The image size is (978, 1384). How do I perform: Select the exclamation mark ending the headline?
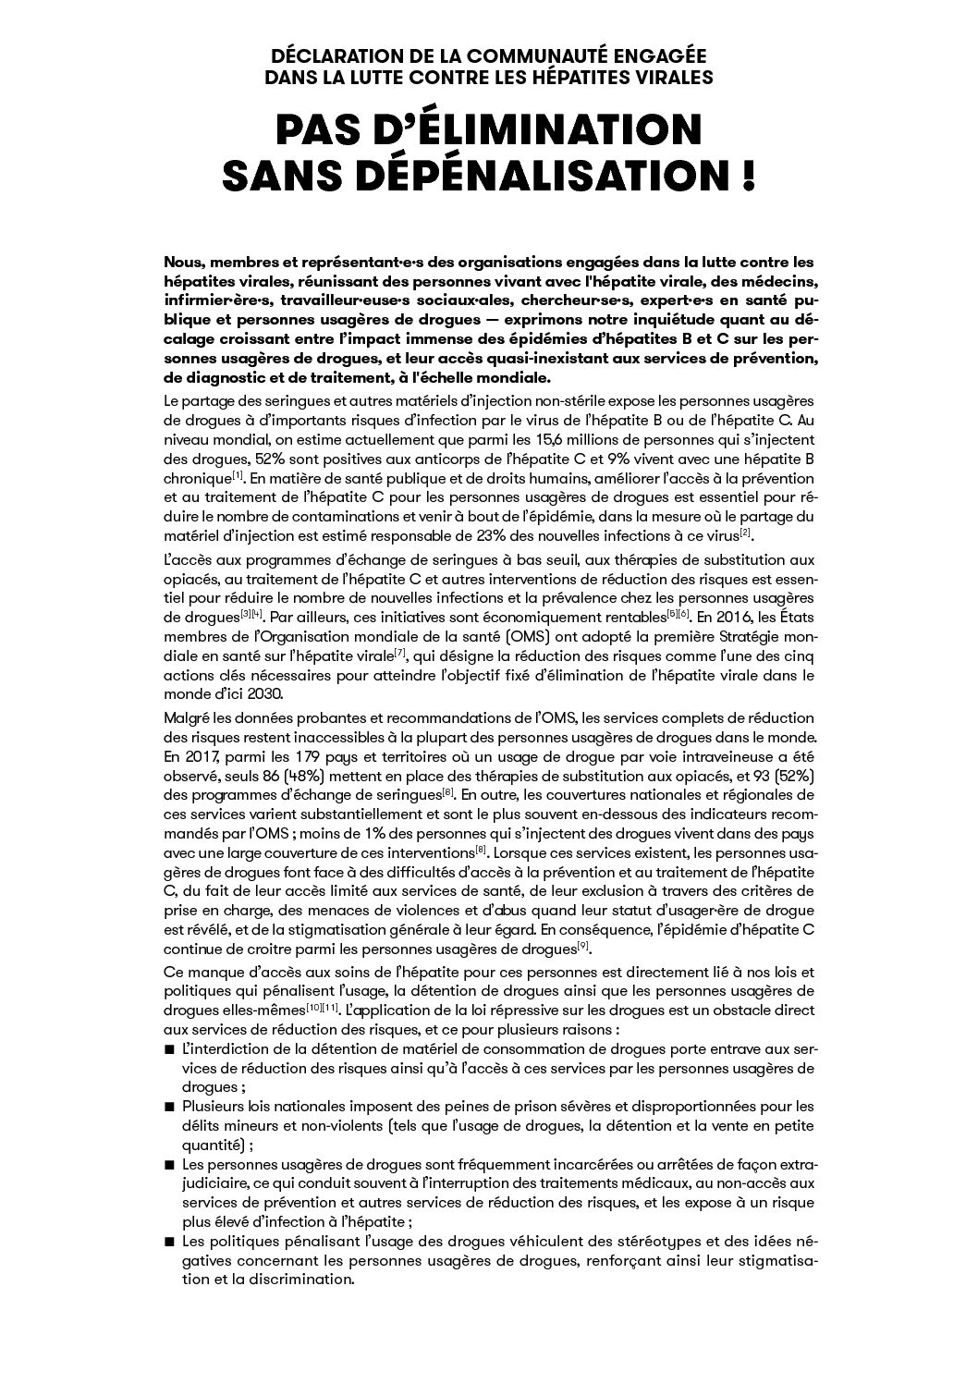[747, 175]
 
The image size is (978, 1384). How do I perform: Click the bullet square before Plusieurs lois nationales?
[169, 1107]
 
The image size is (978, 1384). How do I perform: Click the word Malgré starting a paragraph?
[188, 717]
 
